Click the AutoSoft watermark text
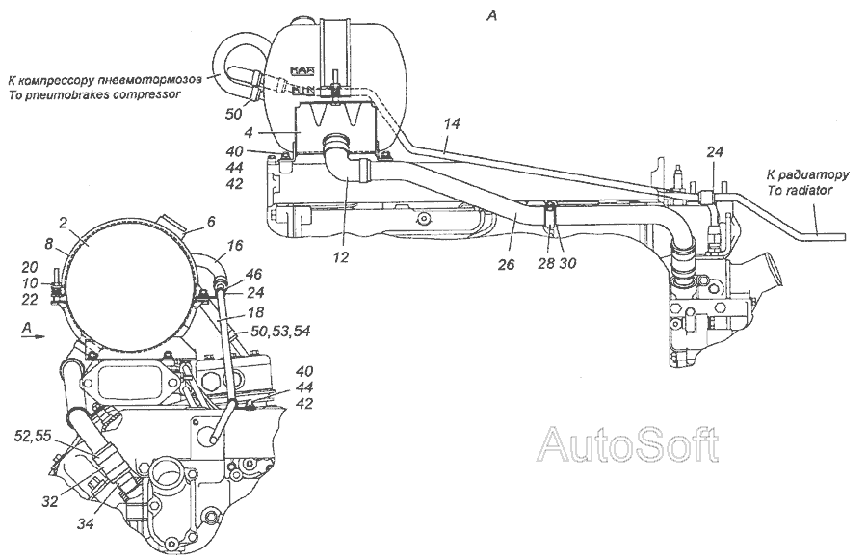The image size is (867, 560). pos(629,443)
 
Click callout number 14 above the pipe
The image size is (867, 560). pos(452,124)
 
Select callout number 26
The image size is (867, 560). pos(506,264)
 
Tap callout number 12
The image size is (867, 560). pos(342,257)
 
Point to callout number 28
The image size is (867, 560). pos(547,263)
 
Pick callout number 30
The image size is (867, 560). pos(566,263)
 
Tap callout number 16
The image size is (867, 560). pos(235,245)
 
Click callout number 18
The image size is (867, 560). pos(256,311)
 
